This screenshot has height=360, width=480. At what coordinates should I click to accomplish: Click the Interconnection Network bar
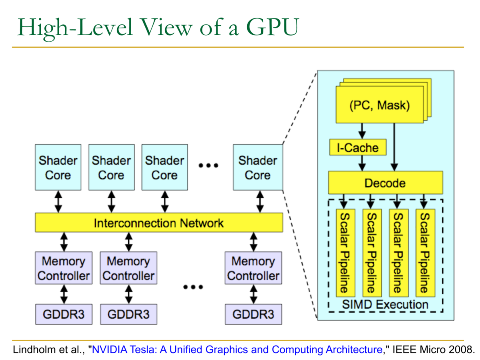[159, 222]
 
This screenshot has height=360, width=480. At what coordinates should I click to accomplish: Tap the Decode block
[385, 183]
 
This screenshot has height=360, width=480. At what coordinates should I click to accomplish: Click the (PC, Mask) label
[380, 106]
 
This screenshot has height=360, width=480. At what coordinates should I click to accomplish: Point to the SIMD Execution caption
[385, 304]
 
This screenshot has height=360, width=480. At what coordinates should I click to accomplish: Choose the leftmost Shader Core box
[58, 167]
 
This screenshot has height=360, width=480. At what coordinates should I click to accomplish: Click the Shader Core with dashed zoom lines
[258, 167]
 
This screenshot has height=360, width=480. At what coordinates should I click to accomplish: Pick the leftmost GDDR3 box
[63, 314]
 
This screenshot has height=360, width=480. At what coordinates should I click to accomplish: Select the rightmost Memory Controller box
[253, 268]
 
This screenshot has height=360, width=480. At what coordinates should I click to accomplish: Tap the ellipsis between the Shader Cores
[209, 165]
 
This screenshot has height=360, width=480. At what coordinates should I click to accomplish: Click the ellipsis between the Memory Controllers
[193, 287]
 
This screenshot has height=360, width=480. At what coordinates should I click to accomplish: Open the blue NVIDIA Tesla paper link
[237, 350]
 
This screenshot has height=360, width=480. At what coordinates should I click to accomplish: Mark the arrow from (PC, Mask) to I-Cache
[362, 130]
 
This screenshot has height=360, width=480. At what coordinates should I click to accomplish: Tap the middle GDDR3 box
[128, 314]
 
